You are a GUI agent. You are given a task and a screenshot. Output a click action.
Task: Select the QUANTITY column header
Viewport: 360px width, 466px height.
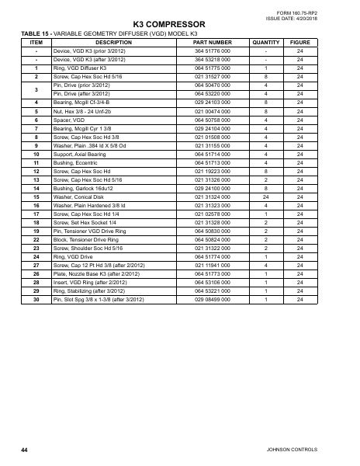[x=266, y=42]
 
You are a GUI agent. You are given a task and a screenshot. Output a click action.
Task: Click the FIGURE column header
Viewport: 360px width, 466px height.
[x=299, y=42]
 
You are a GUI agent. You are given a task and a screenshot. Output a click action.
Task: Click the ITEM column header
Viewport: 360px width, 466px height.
[x=36, y=42]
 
